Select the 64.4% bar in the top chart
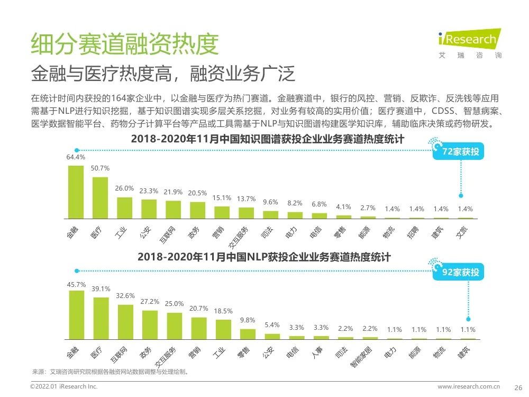[x=76, y=192]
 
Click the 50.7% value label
[x=100, y=168]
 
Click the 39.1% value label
[x=101, y=289]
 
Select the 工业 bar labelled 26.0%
[x=124, y=207]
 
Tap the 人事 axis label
[x=321, y=352]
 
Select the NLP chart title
[x=264, y=257]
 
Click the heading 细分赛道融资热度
[x=124, y=44]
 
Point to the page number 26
[x=518, y=387]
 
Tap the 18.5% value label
[x=223, y=311]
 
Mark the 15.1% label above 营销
[x=222, y=198]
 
